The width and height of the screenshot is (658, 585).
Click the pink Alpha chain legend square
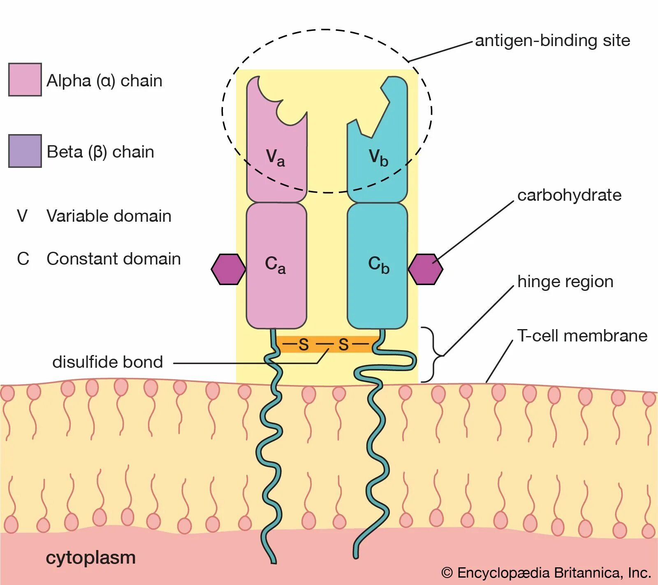25,80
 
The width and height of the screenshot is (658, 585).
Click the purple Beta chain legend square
25,151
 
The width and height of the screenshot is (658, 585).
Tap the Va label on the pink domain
275,158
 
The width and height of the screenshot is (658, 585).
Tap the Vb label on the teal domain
378,158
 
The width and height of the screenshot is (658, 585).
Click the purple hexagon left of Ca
228,269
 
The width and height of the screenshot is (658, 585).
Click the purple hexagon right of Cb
425,269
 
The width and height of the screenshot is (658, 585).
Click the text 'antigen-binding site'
552,41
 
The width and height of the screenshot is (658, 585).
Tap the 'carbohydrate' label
569,195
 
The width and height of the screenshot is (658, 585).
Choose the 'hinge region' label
565,282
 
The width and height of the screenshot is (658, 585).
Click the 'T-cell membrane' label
582,336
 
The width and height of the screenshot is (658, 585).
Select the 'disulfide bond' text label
108,362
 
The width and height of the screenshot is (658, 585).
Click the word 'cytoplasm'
90,558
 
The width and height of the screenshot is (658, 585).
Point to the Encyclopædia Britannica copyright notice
546,573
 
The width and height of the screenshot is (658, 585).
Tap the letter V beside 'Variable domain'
22,216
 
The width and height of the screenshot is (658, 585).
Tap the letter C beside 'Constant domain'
23,259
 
